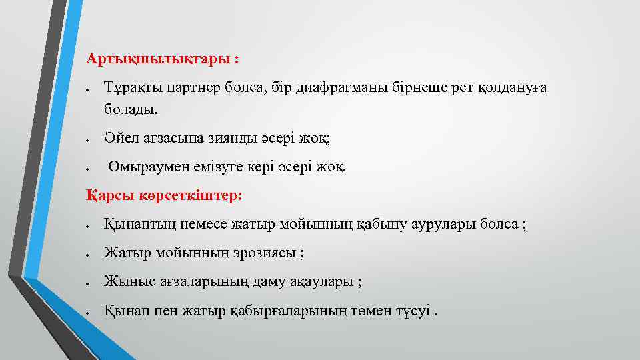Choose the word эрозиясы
pyautogui.click(x=265, y=253)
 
